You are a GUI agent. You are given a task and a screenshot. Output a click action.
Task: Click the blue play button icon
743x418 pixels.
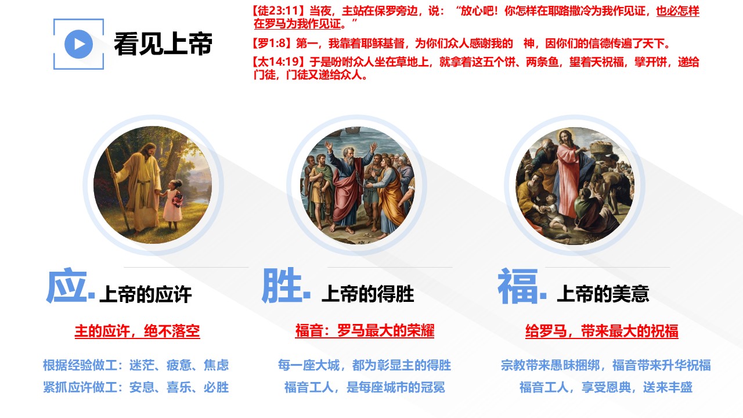click(78, 44)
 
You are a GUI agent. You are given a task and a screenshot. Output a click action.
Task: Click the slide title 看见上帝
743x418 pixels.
click(163, 44)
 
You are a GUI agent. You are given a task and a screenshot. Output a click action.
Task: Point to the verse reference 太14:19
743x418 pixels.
click(279, 62)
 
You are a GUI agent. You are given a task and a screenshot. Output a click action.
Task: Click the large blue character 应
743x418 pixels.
click(67, 286)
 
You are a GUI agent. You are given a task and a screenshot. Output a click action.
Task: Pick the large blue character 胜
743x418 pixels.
click(282, 286)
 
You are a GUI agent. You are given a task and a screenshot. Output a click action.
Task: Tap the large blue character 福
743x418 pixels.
click(518, 286)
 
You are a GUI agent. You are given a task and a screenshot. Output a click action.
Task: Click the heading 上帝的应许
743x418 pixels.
click(146, 294)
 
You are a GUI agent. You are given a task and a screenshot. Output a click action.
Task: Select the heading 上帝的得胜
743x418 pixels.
click(368, 294)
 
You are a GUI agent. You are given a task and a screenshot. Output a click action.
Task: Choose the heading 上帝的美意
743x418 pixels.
click(603, 294)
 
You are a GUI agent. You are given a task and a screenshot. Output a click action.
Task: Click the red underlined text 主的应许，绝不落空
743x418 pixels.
click(138, 331)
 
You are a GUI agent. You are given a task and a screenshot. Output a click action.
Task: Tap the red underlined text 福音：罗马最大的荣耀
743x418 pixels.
click(365, 331)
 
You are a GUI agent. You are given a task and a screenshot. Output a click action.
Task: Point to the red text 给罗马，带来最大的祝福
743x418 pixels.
click(602, 331)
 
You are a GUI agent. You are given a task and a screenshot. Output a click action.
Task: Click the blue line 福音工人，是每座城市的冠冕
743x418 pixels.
click(365, 387)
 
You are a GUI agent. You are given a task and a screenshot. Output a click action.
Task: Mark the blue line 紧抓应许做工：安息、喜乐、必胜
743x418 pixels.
click(136, 387)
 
